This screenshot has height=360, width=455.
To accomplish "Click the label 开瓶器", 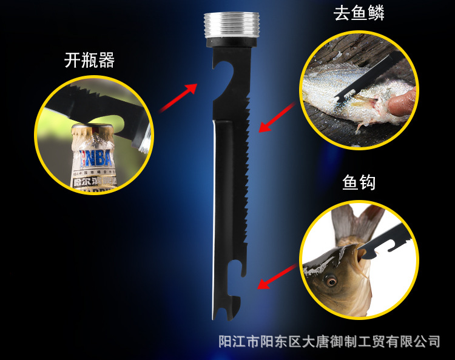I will tap(89, 61).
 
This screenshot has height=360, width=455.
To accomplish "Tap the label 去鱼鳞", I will tap(359, 14).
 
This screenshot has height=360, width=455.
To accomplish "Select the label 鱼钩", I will tap(359, 181).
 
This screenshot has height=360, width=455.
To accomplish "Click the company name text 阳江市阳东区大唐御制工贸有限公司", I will tap(329, 341).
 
